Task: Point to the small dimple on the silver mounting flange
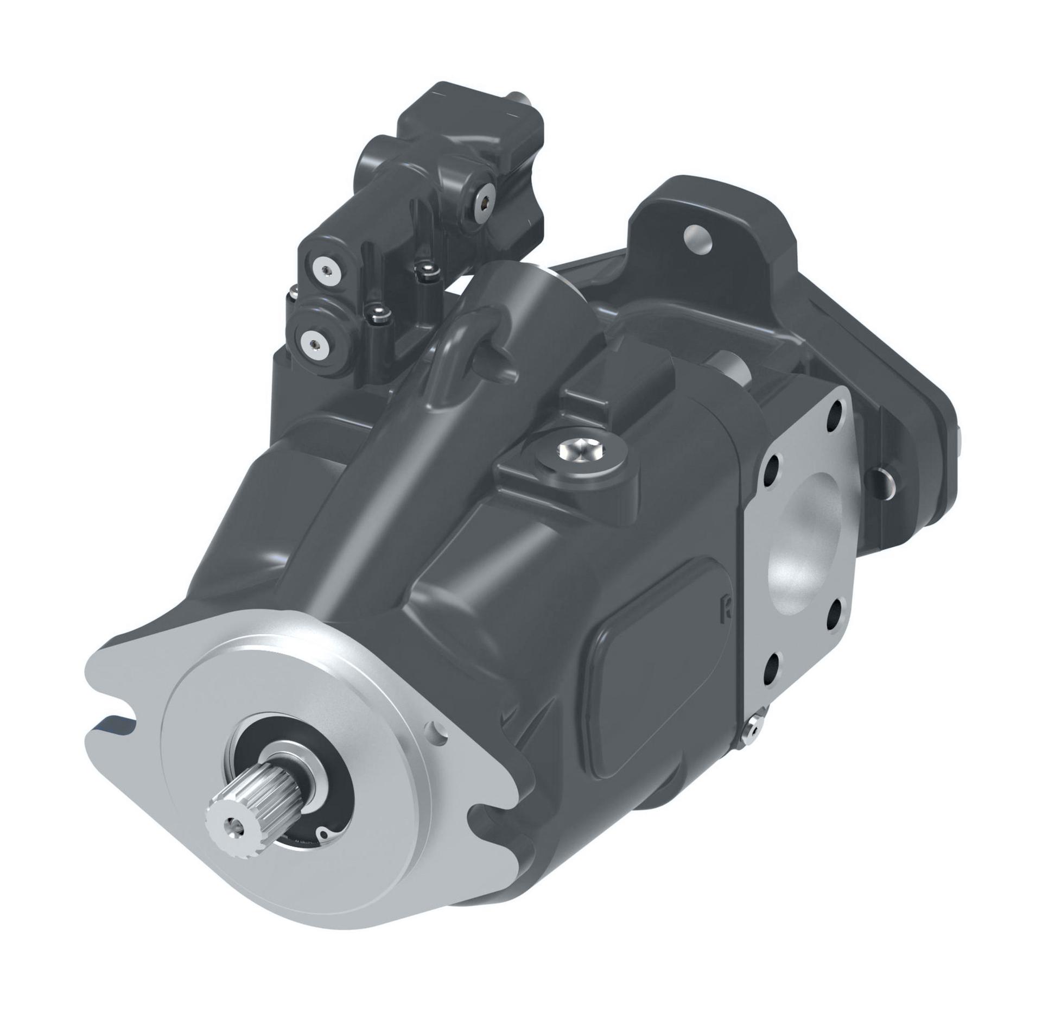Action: pos(434,727)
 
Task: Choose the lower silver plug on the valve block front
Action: pos(314,342)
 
